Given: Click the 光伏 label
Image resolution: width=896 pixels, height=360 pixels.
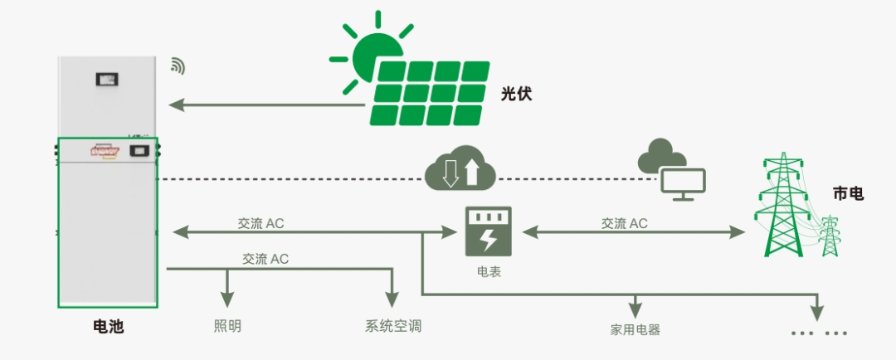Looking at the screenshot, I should click(x=515, y=95).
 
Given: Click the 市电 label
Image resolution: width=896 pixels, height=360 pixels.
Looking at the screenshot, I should click(x=848, y=194).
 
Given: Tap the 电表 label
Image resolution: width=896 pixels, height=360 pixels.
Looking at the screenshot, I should click(x=488, y=271).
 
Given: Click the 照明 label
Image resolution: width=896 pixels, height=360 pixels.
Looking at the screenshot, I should click(x=227, y=326).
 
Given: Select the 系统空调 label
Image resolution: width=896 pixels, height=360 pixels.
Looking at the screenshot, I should click(x=393, y=326).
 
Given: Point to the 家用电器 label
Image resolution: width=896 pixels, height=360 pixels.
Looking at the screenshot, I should click(x=635, y=329).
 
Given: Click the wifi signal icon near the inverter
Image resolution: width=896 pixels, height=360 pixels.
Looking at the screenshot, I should click(x=177, y=66).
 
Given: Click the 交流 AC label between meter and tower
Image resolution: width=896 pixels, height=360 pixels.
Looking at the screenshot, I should click(x=624, y=223).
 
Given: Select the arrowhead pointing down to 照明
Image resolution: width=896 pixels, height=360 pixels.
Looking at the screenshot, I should click(x=226, y=300).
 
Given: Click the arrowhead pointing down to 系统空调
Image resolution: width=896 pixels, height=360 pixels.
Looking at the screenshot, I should click(x=393, y=300).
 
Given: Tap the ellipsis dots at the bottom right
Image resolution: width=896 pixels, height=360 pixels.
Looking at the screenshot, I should click(x=819, y=333).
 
